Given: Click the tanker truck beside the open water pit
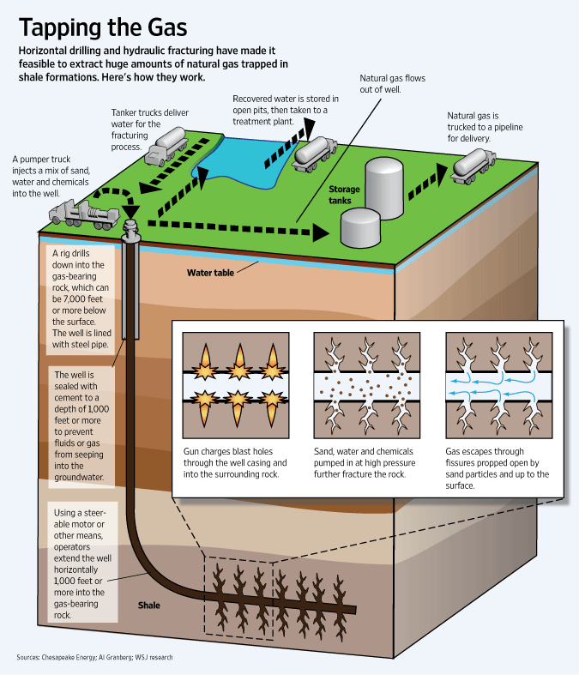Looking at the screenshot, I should [315, 152].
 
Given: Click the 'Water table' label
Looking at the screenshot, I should [210, 274].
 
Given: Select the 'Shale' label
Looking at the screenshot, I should [149, 606].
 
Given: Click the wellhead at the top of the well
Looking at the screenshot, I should [132, 228].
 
